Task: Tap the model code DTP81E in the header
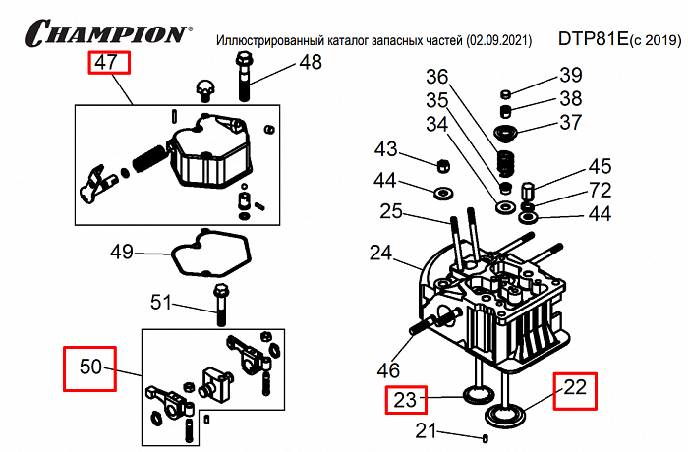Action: pyautogui.click(x=596, y=39)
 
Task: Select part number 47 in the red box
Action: pyautogui.click(x=107, y=64)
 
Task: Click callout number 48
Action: pyautogui.click(x=310, y=64)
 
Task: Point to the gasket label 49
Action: pyautogui.click(x=122, y=253)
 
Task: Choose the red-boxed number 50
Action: pyautogui.click(x=90, y=367)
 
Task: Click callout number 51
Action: pyautogui.click(x=160, y=302)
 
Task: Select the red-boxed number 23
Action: pyautogui.click(x=406, y=399)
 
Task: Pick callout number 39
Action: pyautogui.click(x=571, y=75)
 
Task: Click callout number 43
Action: pyautogui.click(x=386, y=149)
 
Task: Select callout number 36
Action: pyautogui.click(x=436, y=77)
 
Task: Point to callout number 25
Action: pyautogui.click(x=391, y=210)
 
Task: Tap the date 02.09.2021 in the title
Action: pyautogui.click(x=501, y=40)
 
